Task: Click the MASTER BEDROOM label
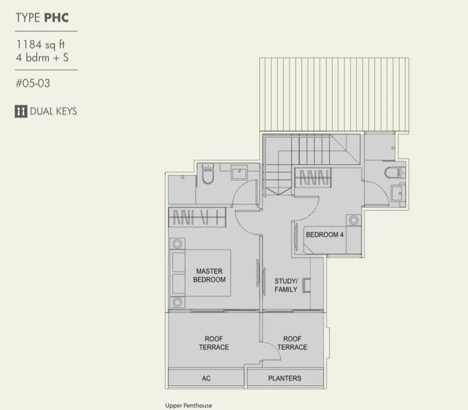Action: [209, 275]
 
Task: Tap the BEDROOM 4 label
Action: [325, 235]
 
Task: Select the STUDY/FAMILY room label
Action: [286, 285]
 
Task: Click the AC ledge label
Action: [206, 378]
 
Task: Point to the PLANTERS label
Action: [285, 378]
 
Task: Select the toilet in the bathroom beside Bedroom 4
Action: [394, 173]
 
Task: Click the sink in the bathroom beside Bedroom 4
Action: [398, 193]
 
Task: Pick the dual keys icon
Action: [21, 111]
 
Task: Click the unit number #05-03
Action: [33, 83]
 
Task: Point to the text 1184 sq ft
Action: [40, 45]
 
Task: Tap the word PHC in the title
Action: [56, 18]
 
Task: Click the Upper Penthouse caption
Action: [189, 406]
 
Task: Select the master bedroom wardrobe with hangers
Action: [197, 217]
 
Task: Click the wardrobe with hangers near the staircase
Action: [313, 178]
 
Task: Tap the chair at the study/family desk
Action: [306, 285]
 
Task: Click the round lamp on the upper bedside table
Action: [177, 244]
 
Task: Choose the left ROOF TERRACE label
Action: [214, 343]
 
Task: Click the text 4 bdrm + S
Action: [42, 58]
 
